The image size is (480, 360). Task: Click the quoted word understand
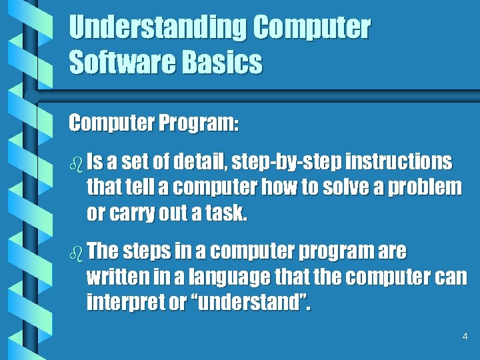[x=253, y=304]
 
